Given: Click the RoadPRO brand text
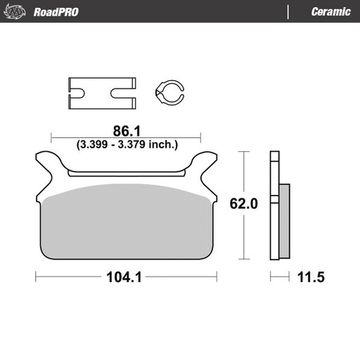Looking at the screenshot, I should [x=56, y=12].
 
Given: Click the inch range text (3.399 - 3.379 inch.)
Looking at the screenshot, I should [x=127, y=145].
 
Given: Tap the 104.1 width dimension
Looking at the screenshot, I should [x=125, y=277].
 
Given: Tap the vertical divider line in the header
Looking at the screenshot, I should [x=288, y=12].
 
